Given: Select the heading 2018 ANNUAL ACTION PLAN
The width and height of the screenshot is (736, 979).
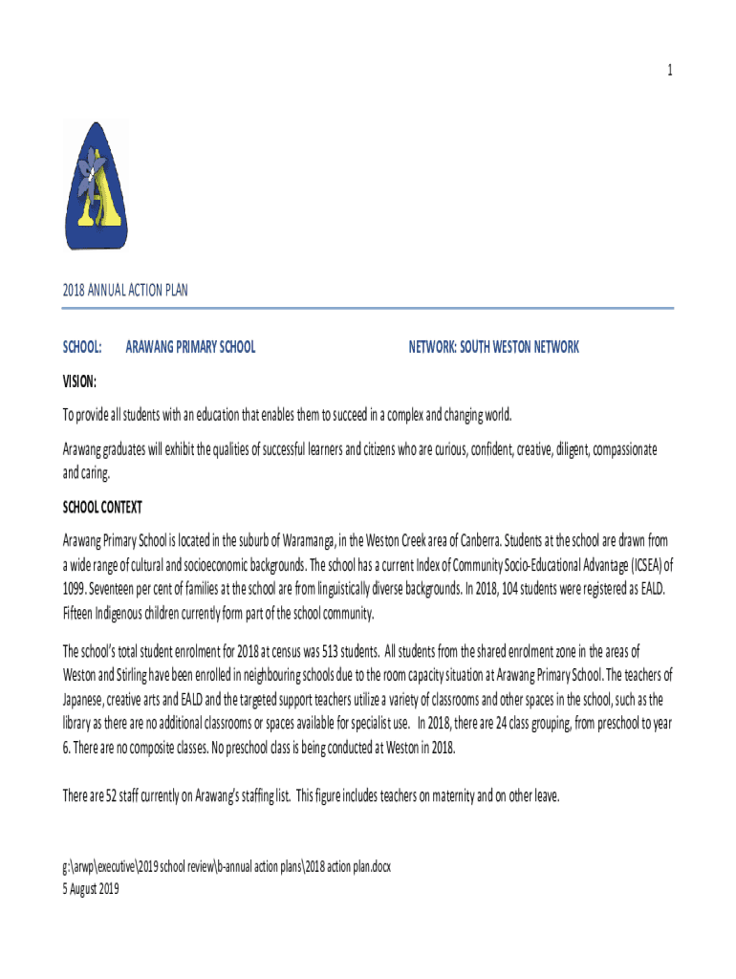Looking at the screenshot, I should pyautogui.click(x=125, y=291).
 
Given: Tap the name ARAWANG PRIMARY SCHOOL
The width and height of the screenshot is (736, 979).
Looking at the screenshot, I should pyautogui.click(x=190, y=347).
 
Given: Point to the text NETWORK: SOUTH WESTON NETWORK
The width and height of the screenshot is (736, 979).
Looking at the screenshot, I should pyautogui.click(x=493, y=347).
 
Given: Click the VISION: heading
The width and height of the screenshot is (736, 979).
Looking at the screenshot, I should pyautogui.click(x=79, y=381).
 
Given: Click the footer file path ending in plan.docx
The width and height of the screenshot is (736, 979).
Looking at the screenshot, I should pyautogui.click(x=227, y=866).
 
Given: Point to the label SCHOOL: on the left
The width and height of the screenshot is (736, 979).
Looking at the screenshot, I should pyautogui.click(x=82, y=347).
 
